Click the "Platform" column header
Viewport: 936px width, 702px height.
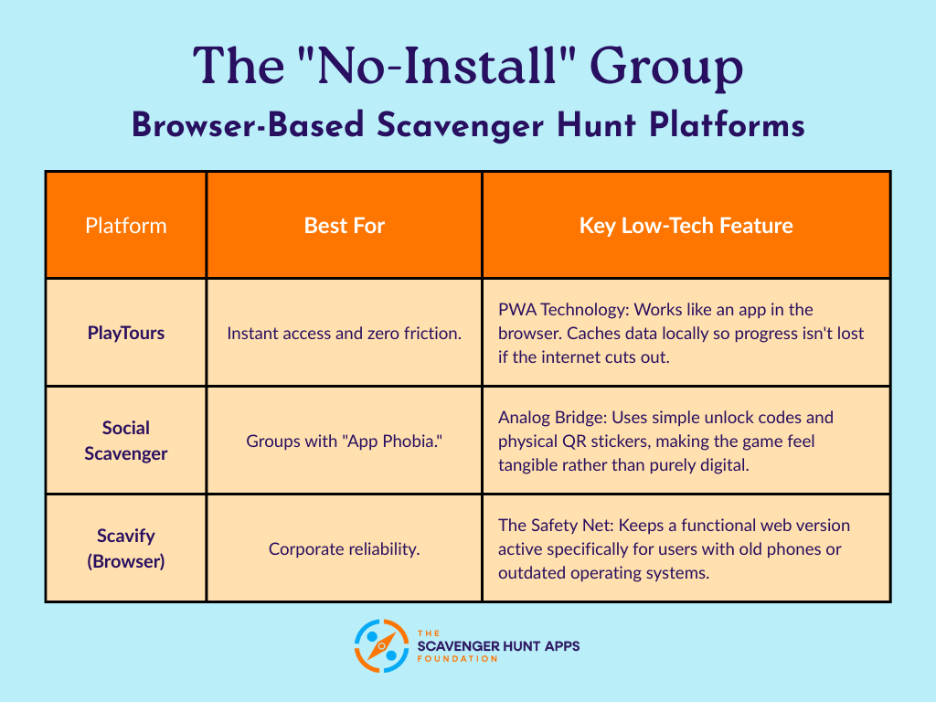point(126,225)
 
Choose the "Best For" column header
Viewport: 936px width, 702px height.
point(345,225)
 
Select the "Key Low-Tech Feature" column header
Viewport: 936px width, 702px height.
point(686,225)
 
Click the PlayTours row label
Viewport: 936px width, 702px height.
point(126,333)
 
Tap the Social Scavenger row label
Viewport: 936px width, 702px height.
point(126,440)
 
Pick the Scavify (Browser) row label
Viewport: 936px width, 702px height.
point(126,548)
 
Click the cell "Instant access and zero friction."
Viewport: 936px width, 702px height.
point(345,333)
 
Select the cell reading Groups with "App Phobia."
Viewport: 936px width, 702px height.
point(345,441)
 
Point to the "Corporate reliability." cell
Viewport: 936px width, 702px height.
point(345,548)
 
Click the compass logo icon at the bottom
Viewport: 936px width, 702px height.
point(380,646)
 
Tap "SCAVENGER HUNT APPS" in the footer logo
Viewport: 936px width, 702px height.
point(497,646)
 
